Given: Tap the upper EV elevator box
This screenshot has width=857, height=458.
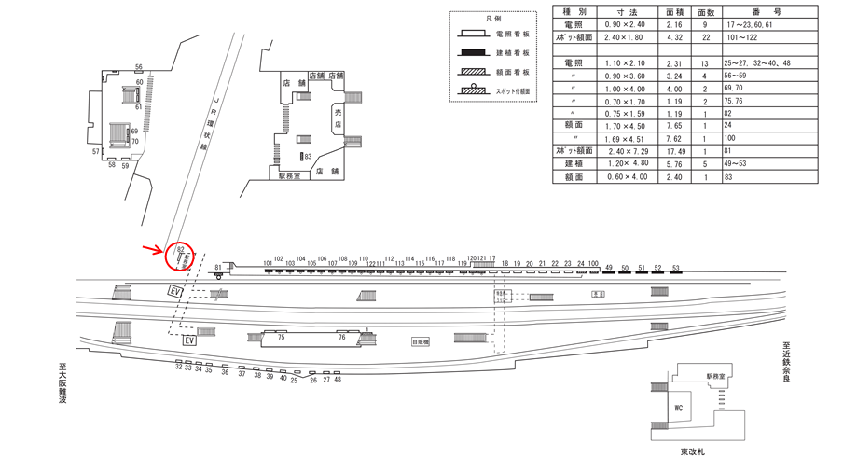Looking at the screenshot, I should click(175, 292).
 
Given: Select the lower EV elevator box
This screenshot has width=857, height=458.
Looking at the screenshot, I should click(189, 340).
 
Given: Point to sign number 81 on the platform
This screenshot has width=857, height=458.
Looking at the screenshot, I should click(217, 268).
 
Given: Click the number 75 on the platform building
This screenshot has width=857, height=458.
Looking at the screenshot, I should click(280, 338).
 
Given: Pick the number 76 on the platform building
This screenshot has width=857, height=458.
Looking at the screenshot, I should click(342, 338).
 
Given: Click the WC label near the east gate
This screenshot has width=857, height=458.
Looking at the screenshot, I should click(680, 408).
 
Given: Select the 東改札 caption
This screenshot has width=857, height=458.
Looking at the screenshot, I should click(693, 451).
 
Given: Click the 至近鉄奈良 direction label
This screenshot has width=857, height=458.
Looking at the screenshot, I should click(786, 364).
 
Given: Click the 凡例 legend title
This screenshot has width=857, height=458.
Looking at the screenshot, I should click(492, 18).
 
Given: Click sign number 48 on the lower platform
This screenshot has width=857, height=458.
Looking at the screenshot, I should click(338, 379).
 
